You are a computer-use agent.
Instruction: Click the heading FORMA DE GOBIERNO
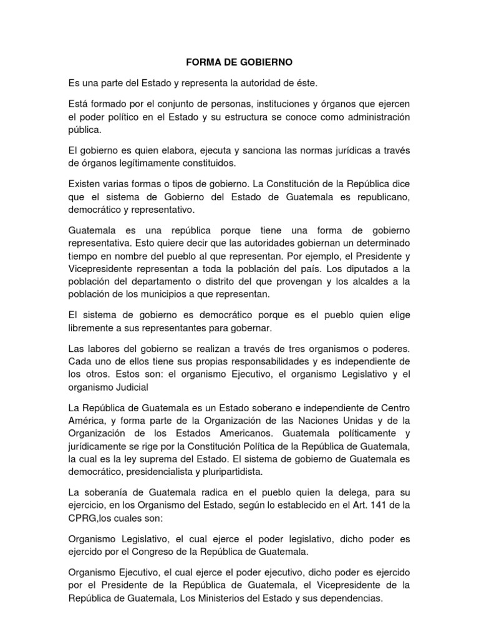(239, 63)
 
